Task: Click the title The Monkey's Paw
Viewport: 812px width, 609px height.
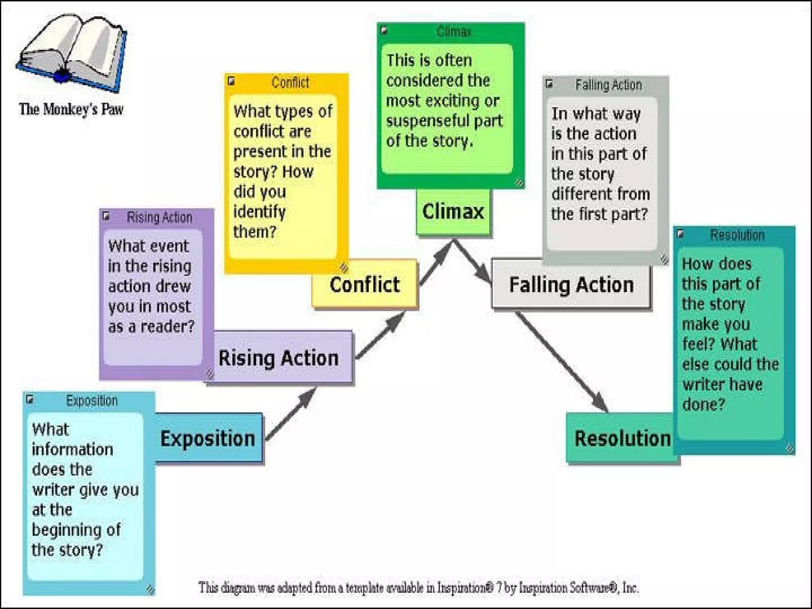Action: point(71,109)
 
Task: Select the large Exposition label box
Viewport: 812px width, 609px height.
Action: point(208,438)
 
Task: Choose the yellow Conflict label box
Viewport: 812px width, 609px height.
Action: point(365,285)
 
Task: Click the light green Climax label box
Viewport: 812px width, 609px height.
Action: point(453,211)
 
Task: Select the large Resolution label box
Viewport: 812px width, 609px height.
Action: point(622,439)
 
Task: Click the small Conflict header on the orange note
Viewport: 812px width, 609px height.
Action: point(290,82)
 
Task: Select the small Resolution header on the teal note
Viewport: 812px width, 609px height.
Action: point(737,235)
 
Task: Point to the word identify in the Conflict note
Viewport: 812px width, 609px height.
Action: point(259,212)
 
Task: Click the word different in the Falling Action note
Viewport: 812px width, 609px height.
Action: point(579,194)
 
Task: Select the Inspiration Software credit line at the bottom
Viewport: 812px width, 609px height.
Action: point(418,587)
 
